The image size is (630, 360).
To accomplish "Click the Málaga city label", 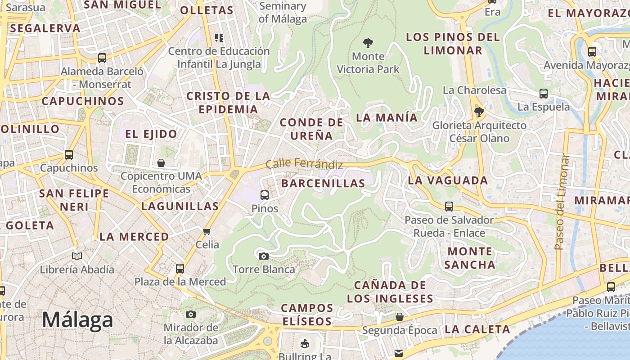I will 77,320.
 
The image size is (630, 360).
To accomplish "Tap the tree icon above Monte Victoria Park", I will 368,44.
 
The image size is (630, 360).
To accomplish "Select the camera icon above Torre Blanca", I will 264,256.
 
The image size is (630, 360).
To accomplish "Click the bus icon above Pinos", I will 265,195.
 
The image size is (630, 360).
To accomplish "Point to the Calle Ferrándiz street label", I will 304,164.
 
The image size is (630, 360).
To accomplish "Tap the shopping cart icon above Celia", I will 207,232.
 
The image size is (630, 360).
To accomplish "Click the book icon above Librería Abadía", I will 77,256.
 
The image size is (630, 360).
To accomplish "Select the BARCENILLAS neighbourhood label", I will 323,184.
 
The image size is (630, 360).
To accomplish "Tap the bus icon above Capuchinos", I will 69,155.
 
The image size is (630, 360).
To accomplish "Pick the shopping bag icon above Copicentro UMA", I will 161,162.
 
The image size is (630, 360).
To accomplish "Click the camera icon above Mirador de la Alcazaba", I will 191,314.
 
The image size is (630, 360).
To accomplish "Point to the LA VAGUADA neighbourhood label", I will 448,181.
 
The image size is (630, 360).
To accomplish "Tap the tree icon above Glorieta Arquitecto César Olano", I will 479,111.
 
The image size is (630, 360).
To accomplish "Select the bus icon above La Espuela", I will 544,94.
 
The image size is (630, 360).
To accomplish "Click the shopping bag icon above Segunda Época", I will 399,317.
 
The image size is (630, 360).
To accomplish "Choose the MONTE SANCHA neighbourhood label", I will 470,258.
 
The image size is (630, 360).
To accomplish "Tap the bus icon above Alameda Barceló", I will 102,58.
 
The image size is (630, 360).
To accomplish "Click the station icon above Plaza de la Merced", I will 180,269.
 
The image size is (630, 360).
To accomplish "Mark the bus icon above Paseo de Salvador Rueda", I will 449,207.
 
